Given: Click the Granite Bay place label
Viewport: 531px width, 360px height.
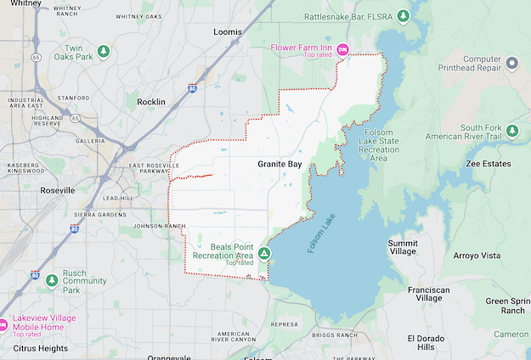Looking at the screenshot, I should pyautogui.click(x=280, y=162).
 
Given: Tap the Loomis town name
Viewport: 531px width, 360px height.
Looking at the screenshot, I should pyautogui.click(x=227, y=31).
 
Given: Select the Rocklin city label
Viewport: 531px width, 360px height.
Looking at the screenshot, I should pyautogui.click(x=151, y=102).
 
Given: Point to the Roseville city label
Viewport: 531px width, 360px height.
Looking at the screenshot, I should pyautogui.click(x=58, y=190).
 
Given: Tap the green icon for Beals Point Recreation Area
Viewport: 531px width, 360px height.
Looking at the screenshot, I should pyautogui.click(x=265, y=253).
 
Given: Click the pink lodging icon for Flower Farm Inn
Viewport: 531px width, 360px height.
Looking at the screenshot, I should pyautogui.click(x=342, y=48).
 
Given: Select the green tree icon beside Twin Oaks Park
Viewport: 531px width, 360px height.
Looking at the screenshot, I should pyautogui.click(x=104, y=52).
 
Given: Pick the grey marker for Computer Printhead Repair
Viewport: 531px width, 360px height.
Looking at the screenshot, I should pyautogui.click(x=511, y=63).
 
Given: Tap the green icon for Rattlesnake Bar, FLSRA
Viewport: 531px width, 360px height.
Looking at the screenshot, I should pyautogui.click(x=404, y=16).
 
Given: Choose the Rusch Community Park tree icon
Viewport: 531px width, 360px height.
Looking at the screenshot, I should pyautogui.click(x=52, y=279).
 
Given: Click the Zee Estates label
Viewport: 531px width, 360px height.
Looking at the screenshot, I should pyautogui.click(x=489, y=163).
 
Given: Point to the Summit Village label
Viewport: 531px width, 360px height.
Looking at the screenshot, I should pyautogui.click(x=403, y=247).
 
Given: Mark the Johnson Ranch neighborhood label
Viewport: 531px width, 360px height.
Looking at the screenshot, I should pyautogui.click(x=158, y=226).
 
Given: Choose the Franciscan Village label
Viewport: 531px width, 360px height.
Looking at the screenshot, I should pyautogui.click(x=424, y=294).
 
